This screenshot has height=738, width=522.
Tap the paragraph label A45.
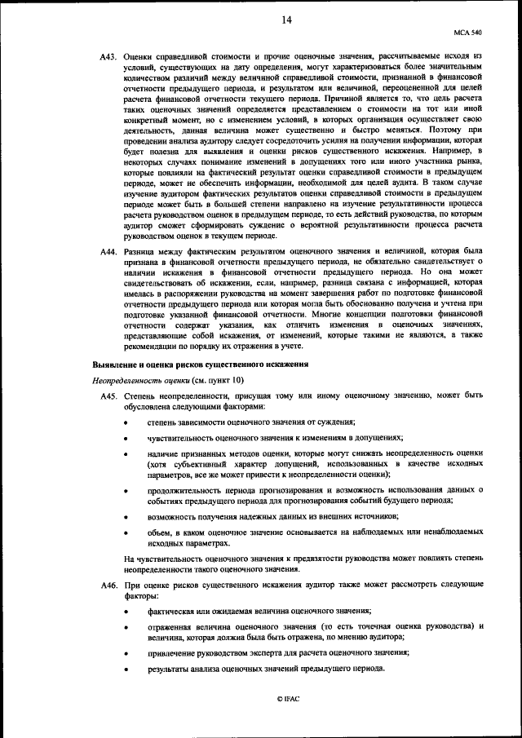pos(109,396)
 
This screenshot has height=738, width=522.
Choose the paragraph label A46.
pos(109,586)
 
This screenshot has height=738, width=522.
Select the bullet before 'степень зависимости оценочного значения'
pos(125,422)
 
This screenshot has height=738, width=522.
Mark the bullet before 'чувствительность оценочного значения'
pos(125,438)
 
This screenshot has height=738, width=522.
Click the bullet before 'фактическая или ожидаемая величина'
pos(125,612)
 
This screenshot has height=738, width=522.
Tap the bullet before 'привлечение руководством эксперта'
pos(125,653)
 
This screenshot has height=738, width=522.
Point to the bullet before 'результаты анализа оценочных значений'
pos(125,669)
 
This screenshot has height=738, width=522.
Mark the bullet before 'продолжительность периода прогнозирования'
pos(125,491)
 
